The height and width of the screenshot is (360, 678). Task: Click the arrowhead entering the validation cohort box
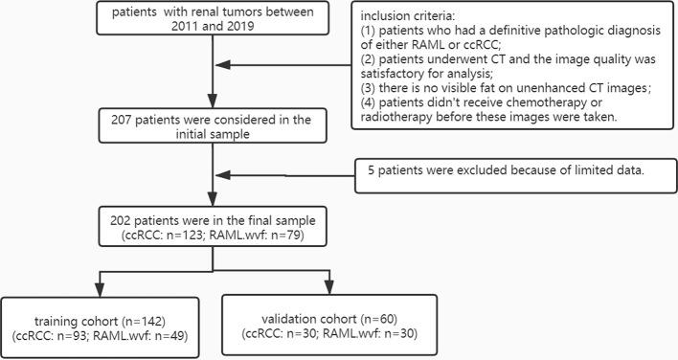tap(329, 289)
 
